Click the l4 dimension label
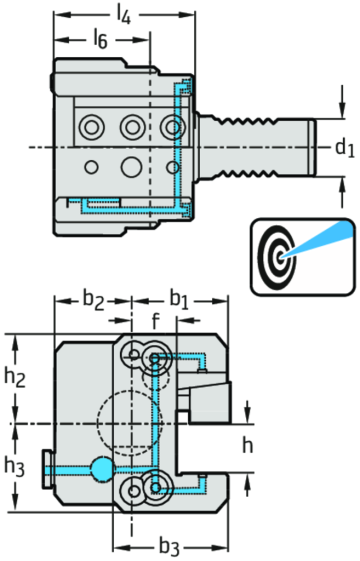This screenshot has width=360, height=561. click(x=123, y=13)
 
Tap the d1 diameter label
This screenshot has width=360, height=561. click(x=344, y=149)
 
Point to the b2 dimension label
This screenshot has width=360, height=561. click(x=94, y=298)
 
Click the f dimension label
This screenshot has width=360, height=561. click(x=154, y=321)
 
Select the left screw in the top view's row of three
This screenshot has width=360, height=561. click(x=91, y=127)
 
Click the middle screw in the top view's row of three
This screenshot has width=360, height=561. click(x=132, y=127)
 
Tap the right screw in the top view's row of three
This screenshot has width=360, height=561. click(x=174, y=127)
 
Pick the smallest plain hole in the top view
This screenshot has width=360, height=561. click(x=91, y=165)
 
